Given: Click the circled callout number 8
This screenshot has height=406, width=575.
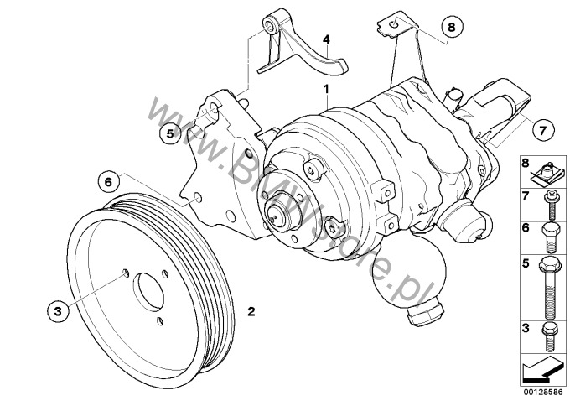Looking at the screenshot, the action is pos(452,27).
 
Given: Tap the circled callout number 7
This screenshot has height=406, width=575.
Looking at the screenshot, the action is pos(542,129).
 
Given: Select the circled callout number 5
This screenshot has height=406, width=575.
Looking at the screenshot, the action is pos(170,133).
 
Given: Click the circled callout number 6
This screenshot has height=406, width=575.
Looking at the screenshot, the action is pos(109,181).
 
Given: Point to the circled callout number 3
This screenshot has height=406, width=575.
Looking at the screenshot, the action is pos(58,311).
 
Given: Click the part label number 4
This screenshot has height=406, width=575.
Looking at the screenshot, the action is pos(326,39).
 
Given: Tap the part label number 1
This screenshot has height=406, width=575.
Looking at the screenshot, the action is pos(325,89).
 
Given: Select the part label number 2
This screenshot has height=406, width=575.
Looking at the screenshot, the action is pos(251,311).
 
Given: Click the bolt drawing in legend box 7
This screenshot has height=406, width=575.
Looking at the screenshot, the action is pos(551,206).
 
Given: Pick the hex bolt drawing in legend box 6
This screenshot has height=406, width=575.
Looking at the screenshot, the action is pos(551,237).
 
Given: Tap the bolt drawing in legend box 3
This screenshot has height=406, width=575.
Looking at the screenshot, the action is pos(550,337).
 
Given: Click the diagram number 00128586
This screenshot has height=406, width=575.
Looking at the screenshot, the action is pos(543,393).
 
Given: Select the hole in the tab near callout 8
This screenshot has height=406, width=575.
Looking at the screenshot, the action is pos(393,24).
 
